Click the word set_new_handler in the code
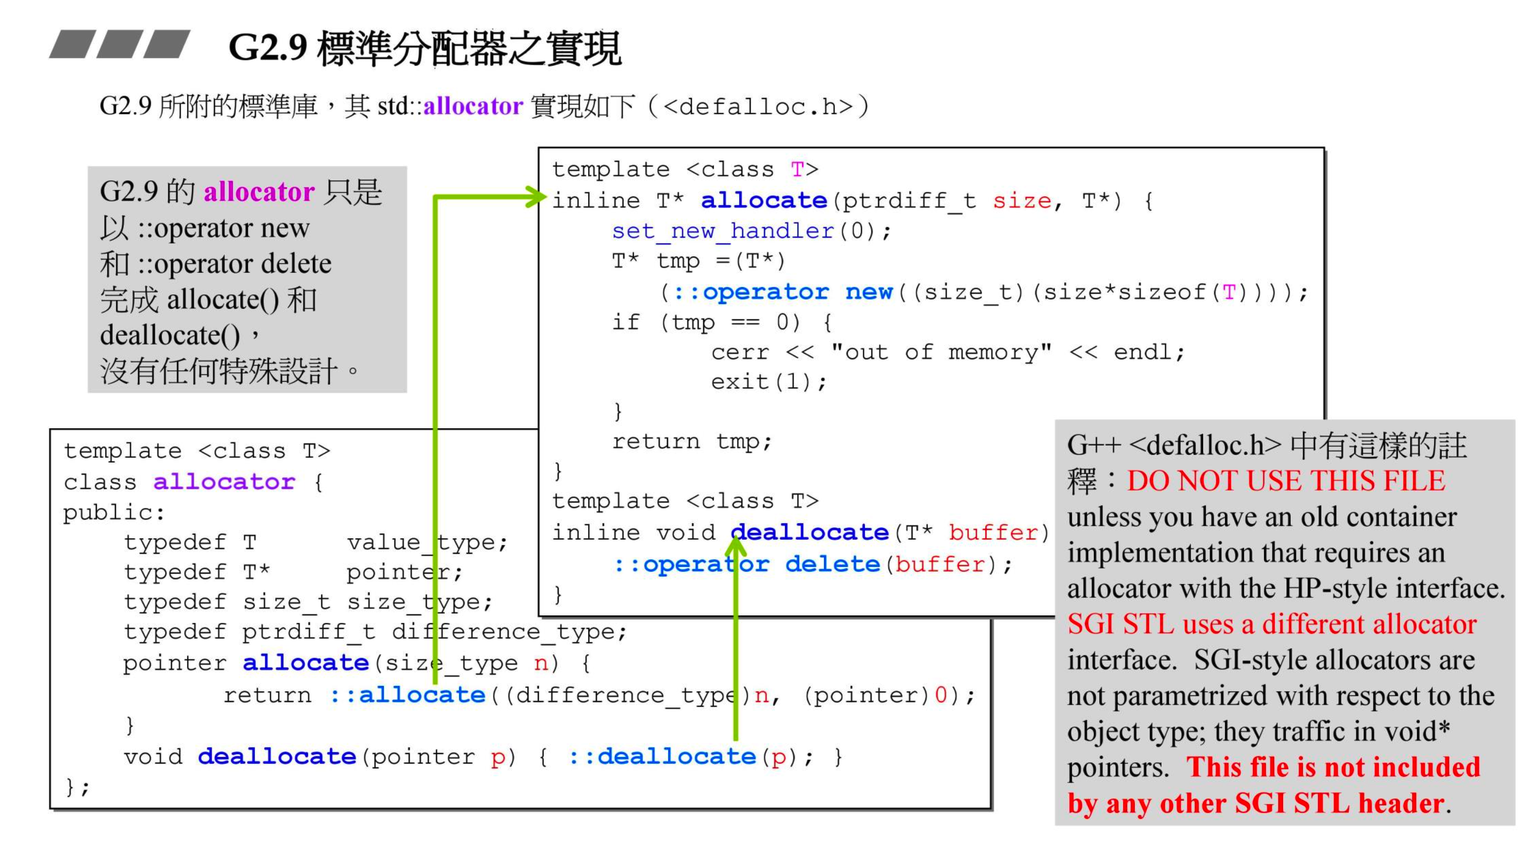pos(723,231)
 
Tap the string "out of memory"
pos(941,352)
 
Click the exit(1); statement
pos(768,382)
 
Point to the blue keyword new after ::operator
pos(869,292)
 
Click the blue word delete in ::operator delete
pos(832,564)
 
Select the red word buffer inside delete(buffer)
pos(939,564)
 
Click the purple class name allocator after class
pos(224,482)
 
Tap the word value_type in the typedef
pos(426,542)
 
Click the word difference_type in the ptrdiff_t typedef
pos(508,632)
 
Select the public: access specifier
pos(114,512)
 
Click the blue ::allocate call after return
pos(408,695)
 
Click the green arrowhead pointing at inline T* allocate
pos(535,197)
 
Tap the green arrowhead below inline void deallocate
pos(736,544)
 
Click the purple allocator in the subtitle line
pos(473,106)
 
